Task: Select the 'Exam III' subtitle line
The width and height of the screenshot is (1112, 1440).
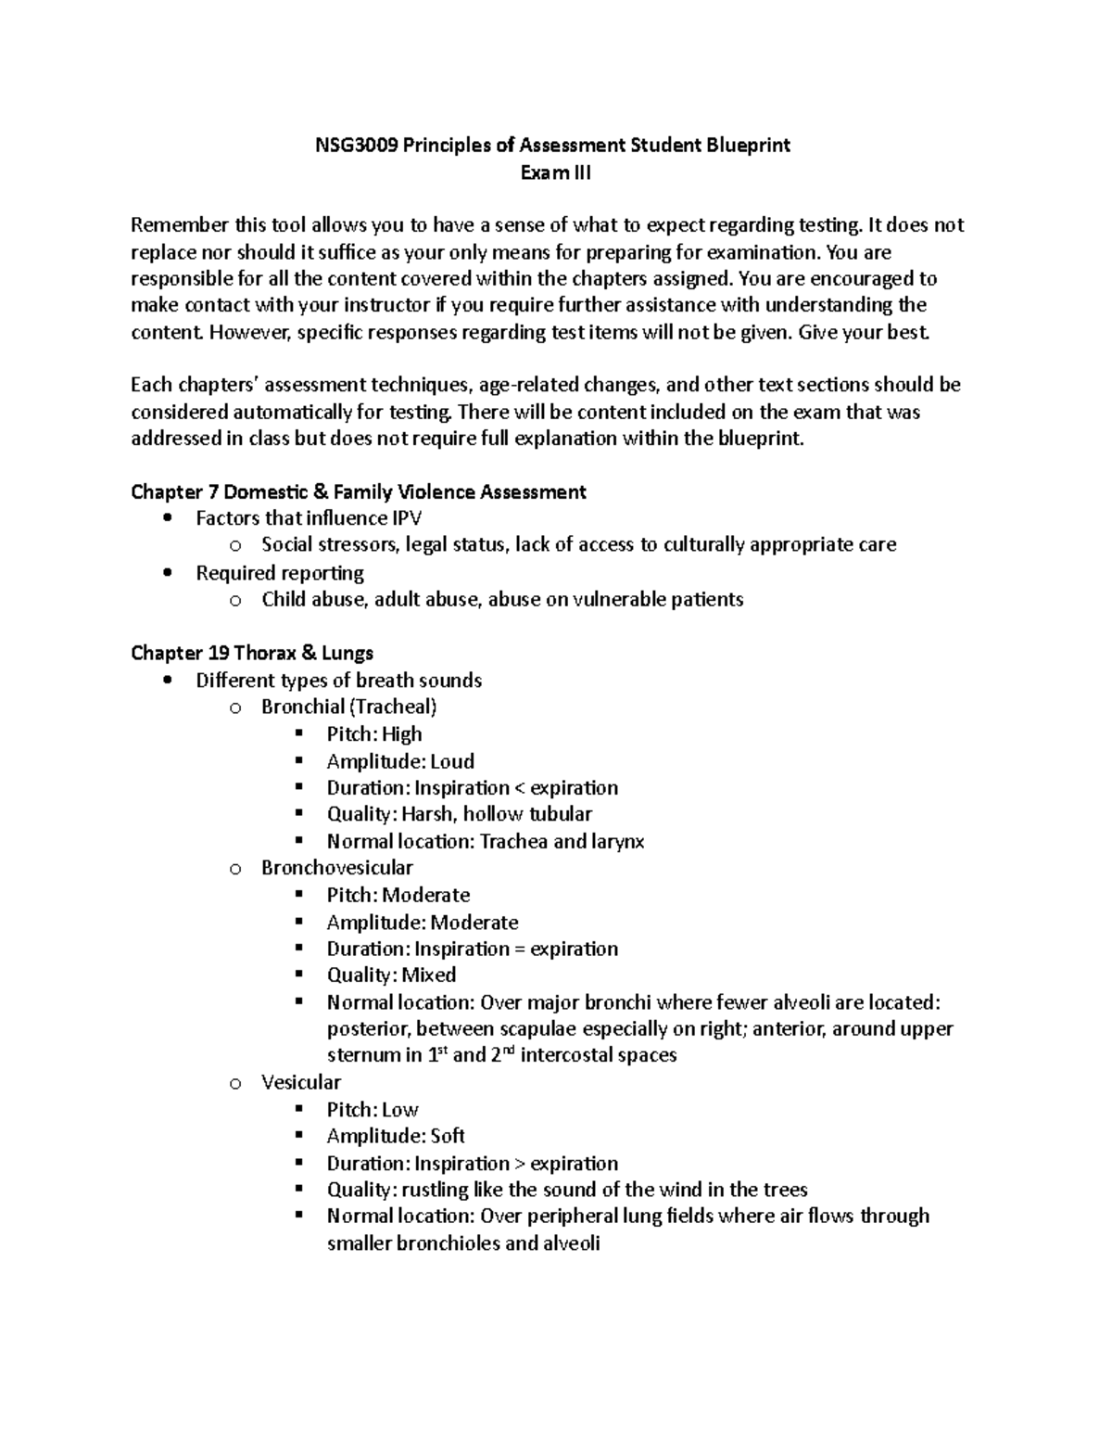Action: pos(555,172)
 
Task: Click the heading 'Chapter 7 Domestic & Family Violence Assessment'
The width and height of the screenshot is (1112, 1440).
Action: pos(359,491)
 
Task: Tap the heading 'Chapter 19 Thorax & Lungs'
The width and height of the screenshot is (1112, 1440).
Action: pos(252,653)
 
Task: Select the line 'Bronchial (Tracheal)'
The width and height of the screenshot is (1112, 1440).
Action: pos(348,707)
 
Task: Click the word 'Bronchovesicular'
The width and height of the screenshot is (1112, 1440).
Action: pos(337,868)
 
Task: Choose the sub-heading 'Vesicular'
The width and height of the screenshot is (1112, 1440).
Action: pos(301,1082)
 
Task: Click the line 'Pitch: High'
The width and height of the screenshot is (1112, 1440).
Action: pos(374,734)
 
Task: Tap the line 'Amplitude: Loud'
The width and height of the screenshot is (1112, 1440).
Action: pos(400,761)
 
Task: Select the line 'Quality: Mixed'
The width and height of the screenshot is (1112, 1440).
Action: pos(391,975)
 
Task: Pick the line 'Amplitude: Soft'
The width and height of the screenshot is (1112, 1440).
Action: pos(396,1136)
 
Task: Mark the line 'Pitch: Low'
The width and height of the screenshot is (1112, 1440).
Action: pos(373,1110)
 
